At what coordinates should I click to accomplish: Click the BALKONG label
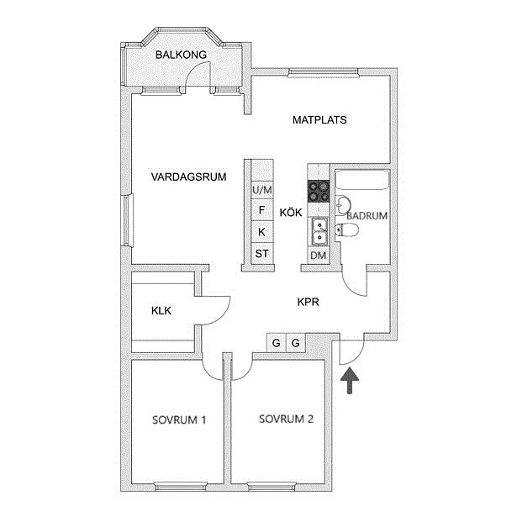tap(181, 55)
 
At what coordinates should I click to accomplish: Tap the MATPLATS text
tap(319, 119)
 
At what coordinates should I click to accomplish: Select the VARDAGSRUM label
tap(188, 177)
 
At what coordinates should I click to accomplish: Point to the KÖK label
tap(291, 213)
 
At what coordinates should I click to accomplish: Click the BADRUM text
tap(367, 216)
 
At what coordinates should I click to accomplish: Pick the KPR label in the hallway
tap(309, 302)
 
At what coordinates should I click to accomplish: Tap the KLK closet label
tap(161, 310)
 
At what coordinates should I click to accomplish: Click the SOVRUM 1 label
tap(179, 419)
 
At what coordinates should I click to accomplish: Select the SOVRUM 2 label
tap(286, 419)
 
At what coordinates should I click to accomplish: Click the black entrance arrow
tap(350, 381)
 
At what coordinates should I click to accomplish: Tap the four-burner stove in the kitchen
tap(319, 191)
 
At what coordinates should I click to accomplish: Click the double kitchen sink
tap(319, 232)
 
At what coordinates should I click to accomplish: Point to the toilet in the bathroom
tap(346, 230)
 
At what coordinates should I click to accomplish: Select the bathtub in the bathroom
tap(362, 180)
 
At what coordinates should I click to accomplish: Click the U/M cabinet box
tap(262, 190)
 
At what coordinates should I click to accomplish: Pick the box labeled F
tap(262, 209)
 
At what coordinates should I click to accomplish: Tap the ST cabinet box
tap(262, 254)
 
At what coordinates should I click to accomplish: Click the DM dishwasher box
tap(319, 256)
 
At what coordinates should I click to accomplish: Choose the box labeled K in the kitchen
tap(262, 232)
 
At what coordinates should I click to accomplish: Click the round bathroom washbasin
tap(343, 205)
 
